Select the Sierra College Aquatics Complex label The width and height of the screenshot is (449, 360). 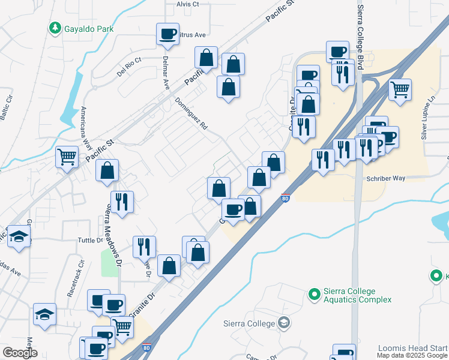pyautogui.click(x=358, y=295)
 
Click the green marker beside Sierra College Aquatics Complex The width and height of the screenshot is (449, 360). pyautogui.click(x=313, y=294)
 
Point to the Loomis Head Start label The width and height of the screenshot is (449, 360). pyautogui.click(x=412, y=348)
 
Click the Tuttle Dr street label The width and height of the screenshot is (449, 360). pyautogui.click(x=91, y=241)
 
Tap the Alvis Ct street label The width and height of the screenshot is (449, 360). pyautogui.click(x=187, y=4)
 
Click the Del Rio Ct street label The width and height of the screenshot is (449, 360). pyautogui.click(x=129, y=65)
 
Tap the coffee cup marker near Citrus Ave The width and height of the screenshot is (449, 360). pyautogui.click(x=167, y=33)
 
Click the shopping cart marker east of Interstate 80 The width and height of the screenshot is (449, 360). pyautogui.click(x=399, y=90)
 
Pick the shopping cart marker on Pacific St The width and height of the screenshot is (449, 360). pyautogui.click(x=67, y=157)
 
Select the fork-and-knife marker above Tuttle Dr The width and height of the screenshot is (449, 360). pyautogui.click(x=122, y=202)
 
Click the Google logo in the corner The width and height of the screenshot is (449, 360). pyautogui.click(x=20, y=353)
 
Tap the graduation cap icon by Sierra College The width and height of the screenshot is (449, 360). pyautogui.click(x=284, y=323)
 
